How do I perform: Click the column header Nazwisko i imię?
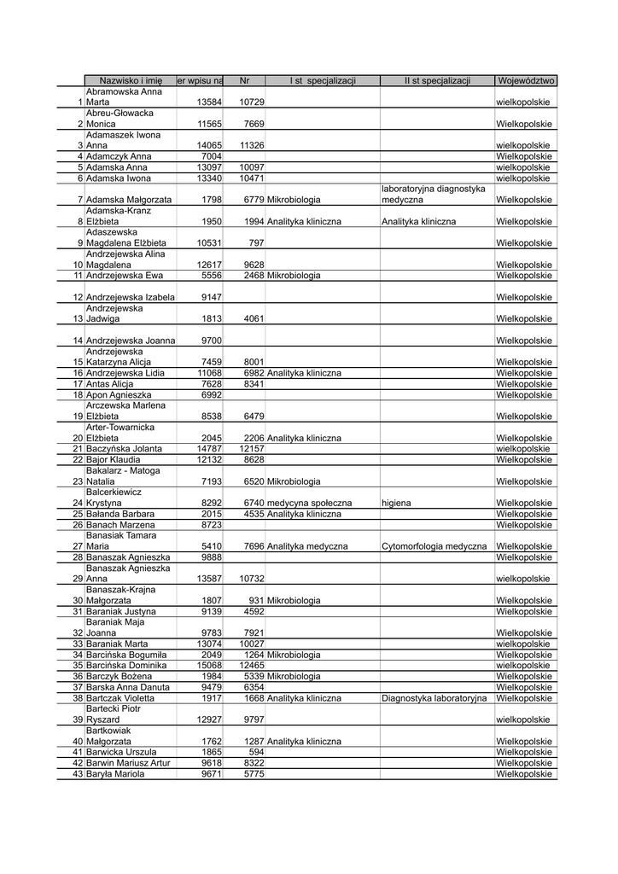point(131,80)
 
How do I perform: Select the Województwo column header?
point(525,80)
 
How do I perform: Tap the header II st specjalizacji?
point(437,80)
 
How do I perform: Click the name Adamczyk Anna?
point(119,157)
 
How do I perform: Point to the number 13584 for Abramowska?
point(209,102)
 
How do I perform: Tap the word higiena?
point(396,504)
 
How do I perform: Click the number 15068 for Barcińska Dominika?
point(209,666)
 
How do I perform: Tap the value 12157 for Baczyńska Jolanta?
point(252,449)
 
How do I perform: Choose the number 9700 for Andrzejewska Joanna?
point(212,341)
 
